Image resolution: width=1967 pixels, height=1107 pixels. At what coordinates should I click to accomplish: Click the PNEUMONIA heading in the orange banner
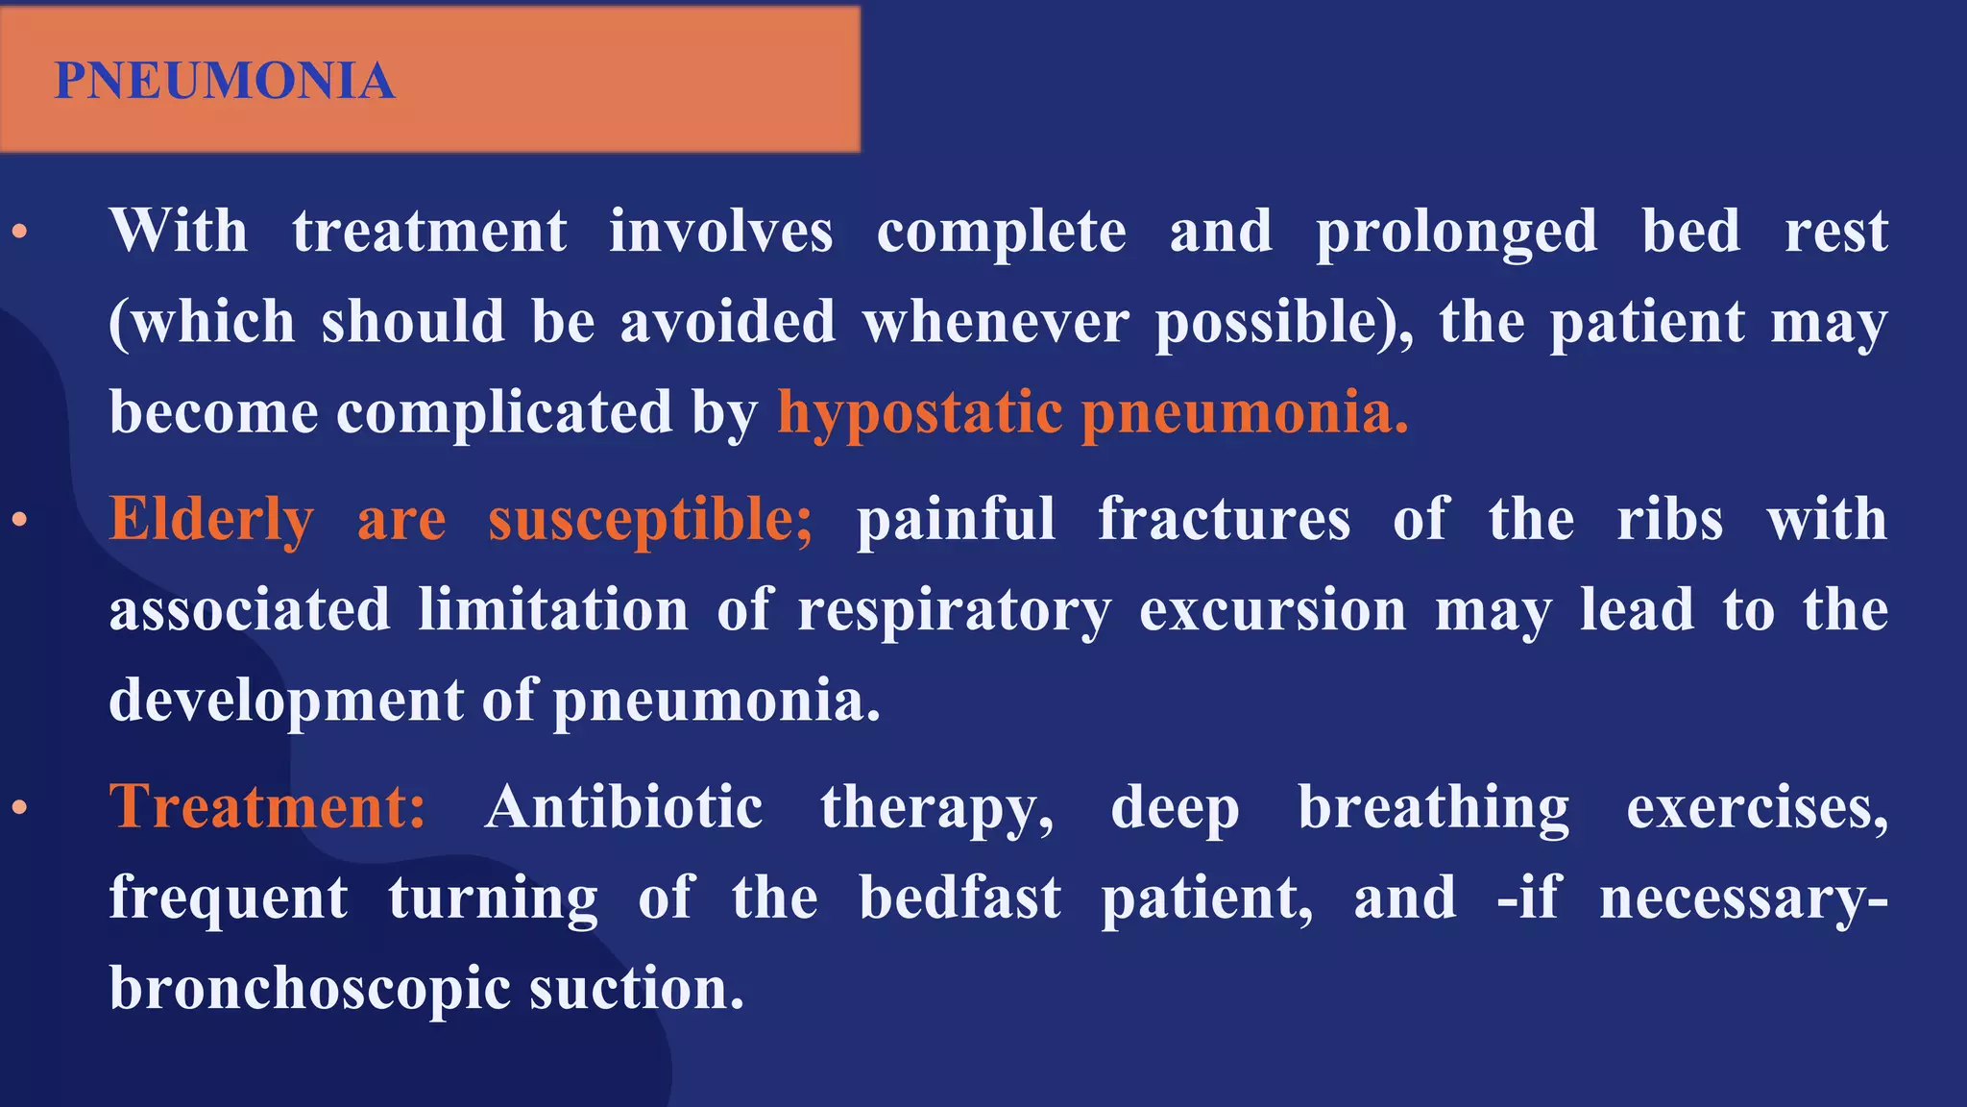click(x=225, y=81)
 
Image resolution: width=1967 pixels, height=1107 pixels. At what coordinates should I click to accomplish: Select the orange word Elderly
click(x=211, y=520)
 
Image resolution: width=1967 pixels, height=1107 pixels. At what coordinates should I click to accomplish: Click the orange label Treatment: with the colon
click(x=267, y=806)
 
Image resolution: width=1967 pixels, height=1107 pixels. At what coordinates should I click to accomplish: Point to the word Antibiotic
click(x=624, y=806)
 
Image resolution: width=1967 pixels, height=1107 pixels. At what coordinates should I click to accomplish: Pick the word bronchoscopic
click(x=309, y=989)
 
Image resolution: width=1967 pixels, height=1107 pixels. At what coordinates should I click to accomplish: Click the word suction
click(x=637, y=989)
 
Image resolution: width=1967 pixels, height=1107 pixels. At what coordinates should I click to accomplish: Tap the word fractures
click(x=1225, y=520)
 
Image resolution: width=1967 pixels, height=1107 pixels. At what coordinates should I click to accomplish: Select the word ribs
click(x=1670, y=520)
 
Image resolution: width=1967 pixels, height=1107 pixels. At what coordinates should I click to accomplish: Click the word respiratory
click(x=955, y=611)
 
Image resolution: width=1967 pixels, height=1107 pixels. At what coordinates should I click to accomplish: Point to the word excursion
click(x=1273, y=611)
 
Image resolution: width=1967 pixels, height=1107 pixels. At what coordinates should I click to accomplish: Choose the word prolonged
click(x=1456, y=233)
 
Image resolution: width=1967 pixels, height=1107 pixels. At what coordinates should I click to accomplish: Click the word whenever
click(x=996, y=322)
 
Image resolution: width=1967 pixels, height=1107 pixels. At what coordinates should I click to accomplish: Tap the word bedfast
click(x=960, y=898)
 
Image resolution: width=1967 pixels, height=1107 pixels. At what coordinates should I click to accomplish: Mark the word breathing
click(x=1434, y=806)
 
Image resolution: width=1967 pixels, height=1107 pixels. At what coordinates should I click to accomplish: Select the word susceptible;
click(x=650, y=520)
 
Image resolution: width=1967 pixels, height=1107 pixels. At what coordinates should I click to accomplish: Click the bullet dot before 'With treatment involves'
click(x=19, y=233)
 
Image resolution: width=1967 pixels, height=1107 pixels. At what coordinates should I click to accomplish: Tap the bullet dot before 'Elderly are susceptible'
click(x=19, y=521)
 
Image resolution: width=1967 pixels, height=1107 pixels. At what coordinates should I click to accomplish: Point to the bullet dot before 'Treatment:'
click(x=19, y=808)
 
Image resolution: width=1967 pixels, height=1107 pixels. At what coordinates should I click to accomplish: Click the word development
click(x=286, y=701)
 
